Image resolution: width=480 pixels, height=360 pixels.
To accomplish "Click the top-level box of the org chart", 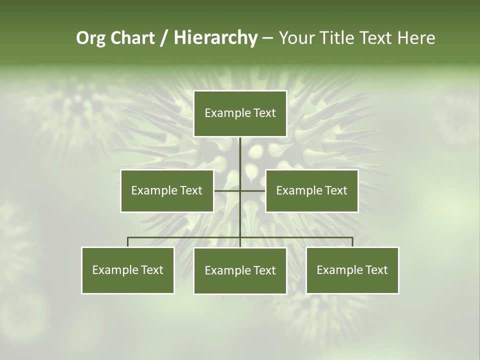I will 240,113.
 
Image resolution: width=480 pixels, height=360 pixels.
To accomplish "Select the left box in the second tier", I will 166,190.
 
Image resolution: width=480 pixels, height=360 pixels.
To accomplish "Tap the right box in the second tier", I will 311,190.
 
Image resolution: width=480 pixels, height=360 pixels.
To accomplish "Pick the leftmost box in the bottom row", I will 127,270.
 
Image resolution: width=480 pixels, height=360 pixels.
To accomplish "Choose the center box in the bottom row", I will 240,270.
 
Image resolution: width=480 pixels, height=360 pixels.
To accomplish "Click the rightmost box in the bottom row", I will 352,270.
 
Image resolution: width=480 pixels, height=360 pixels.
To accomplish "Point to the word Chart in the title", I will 131,38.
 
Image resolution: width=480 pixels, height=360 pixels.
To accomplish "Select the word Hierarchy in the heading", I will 215,38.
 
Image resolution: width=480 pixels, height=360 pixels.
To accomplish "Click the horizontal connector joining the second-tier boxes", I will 227,190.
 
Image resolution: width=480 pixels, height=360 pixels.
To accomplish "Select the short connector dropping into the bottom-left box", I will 127,242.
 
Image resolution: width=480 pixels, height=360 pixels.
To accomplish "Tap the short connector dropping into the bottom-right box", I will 352,242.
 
